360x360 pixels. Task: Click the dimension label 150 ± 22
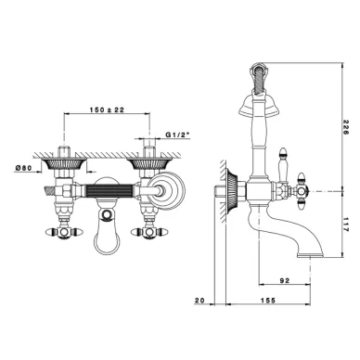(x=107, y=109)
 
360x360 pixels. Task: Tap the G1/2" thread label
(x=178, y=135)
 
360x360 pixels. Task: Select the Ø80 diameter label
(x=23, y=168)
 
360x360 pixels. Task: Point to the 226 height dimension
(x=345, y=127)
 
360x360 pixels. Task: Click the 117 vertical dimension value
(x=345, y=225)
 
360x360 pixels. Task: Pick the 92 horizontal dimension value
(x=285, y=280)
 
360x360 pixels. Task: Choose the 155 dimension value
(x=268, y=301)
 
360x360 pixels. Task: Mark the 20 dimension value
(x=200, y=301)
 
